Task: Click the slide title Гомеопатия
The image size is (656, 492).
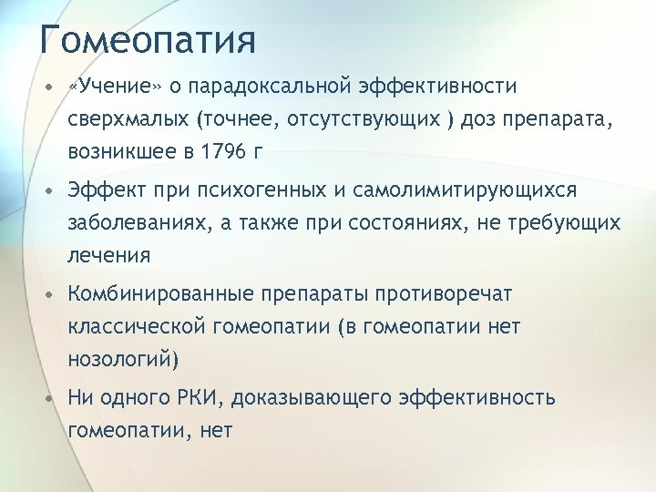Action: pos(148,41)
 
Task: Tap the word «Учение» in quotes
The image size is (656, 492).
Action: pos(114,87)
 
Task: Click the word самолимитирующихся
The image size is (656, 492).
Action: pos(471,191)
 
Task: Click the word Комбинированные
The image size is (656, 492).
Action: pos(161,294)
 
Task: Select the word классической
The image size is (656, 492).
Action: pos(137,327)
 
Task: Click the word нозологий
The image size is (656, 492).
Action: pos(121,360)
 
